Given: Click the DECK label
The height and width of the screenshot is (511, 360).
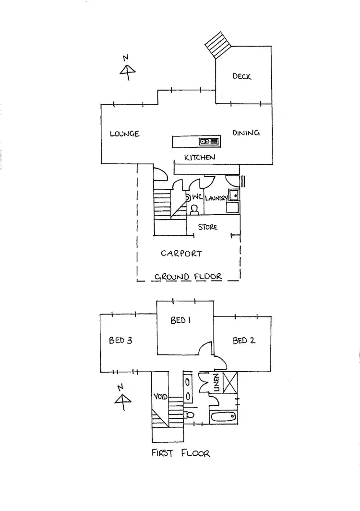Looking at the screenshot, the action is (x=242, y=76).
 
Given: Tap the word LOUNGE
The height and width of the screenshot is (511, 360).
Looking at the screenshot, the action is (x=124, y=134).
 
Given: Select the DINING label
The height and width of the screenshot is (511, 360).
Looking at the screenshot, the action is (x=246, y=133).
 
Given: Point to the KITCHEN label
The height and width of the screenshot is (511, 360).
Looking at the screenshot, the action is (x=200, y=157).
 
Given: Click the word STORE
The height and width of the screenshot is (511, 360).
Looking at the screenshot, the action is (x=207, y=226).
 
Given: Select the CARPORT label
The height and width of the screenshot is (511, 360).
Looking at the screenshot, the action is (x=181, y=253).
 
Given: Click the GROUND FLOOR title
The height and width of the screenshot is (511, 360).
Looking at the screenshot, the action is (x=188, y=277).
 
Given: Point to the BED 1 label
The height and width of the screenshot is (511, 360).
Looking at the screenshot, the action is (x=180, y=320).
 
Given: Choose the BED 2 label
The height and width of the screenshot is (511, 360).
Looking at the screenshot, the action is (x=243, y=341).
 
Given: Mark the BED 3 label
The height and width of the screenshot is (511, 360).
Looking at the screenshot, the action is (x=120, y=341).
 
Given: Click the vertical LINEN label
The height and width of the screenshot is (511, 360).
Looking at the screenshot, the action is (x=216, y=382).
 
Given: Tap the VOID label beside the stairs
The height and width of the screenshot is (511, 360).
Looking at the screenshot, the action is (x=160, y=397).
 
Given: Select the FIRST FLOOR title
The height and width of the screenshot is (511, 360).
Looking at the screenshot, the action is (x=180, y=453).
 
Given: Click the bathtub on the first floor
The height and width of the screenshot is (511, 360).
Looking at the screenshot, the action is (x=223, y=417).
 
